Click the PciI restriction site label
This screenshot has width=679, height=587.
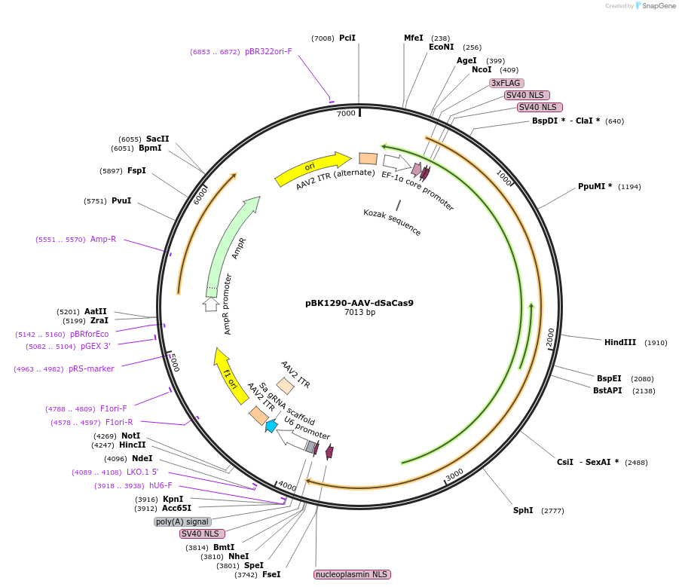347,38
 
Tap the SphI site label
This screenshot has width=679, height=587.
522,510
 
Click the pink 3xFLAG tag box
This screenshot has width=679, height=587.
506,83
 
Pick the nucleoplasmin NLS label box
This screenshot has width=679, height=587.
352,574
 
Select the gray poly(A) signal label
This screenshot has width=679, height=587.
182,521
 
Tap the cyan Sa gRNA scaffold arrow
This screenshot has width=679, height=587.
271,426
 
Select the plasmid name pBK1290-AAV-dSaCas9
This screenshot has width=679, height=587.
359,303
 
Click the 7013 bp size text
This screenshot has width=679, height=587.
359,312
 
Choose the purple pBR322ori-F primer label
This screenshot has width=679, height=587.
268,51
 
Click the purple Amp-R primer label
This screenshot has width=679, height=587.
103,239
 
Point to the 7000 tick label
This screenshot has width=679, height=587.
345,113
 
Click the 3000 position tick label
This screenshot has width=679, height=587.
454,474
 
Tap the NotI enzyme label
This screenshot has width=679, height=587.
130,436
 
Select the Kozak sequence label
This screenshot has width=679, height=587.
392,222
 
